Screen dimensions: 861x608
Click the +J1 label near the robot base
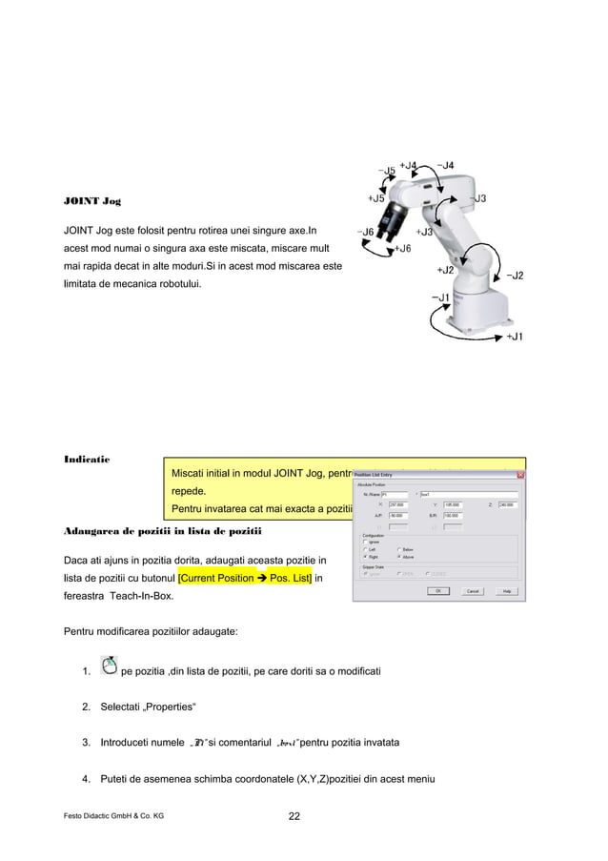(514, 337)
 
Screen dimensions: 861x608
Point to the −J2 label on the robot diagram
(514, 276)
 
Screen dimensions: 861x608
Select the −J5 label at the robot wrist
(387, 172)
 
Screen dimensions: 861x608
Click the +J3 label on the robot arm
(425, 232)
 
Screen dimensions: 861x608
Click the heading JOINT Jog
(91, 201)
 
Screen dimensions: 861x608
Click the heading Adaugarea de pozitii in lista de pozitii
(162, 529)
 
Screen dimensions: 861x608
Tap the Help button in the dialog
(507, 592)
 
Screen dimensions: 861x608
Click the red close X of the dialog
(519, 476)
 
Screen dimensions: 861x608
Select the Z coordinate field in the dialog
(508, 505)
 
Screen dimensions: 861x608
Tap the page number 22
(297, 816)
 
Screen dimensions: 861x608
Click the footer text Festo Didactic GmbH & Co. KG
(112, 817)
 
